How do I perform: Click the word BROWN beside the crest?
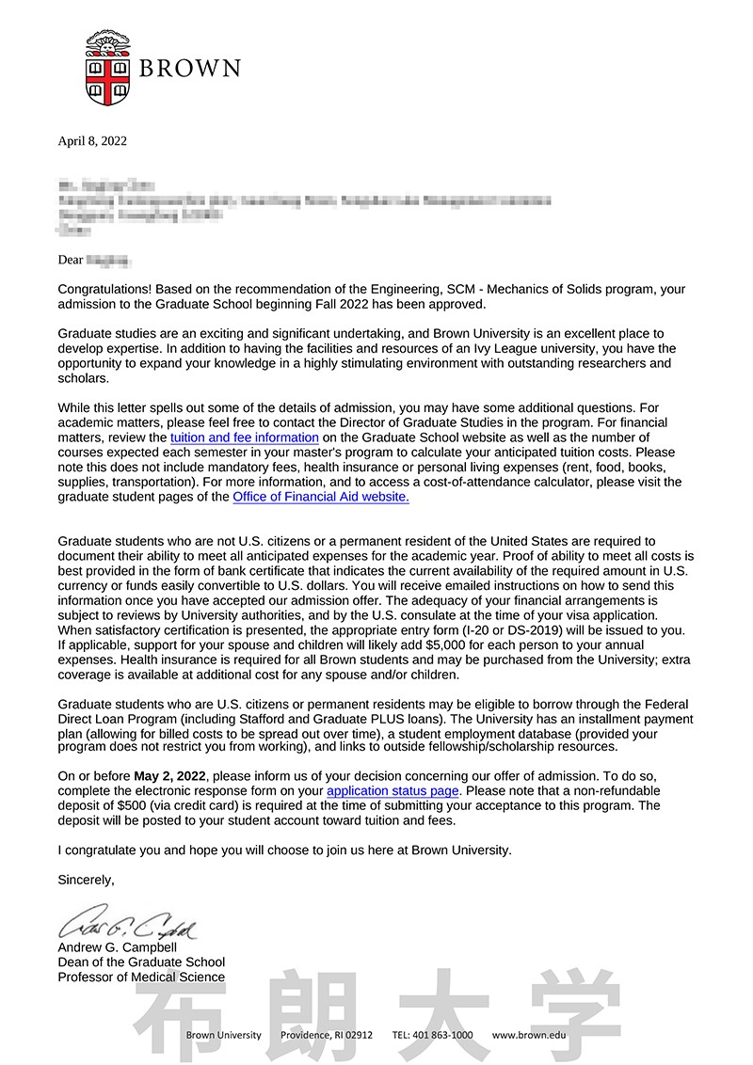tap(190, 69)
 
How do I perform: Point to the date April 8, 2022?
tap(92, 141)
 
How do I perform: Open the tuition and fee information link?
tap(245, 437)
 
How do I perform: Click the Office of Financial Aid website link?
tap(321, 497)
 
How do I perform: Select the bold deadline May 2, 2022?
tap(170, 776)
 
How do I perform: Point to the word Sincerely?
tap(87, 880)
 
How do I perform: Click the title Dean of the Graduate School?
tap(141, 962)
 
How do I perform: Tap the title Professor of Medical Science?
tap(141, 977)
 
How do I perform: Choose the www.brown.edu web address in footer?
tap(529, 1035)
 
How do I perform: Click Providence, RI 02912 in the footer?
tap(327, 1035)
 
